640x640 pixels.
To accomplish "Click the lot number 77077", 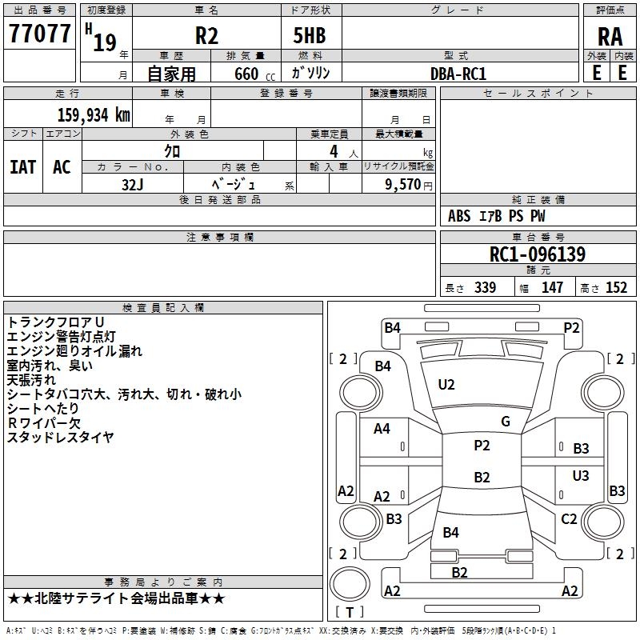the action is pos(39,34).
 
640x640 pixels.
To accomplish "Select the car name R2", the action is pos(207,36).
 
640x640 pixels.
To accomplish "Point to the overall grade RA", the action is pos(610,36).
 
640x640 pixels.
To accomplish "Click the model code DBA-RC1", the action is pos(458,73).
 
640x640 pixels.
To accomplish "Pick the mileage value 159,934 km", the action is pos(94,114).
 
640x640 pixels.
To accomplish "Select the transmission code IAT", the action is pos(23,167).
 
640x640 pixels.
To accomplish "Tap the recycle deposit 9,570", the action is pos(402,184).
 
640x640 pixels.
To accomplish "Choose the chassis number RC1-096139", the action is pos(538,254).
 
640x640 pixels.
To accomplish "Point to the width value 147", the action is pos(552,288).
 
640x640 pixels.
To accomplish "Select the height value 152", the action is pos(616,288).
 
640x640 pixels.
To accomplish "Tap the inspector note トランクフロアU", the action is pos(56,322).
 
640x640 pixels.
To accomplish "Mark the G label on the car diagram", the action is pos(506,422).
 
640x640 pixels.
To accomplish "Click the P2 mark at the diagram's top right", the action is pos(571,327).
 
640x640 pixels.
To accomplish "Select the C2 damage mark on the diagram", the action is pos(569,519).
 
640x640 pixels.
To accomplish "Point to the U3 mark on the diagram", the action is pos(581,476).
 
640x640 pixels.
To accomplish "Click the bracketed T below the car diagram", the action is pos(350,612).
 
